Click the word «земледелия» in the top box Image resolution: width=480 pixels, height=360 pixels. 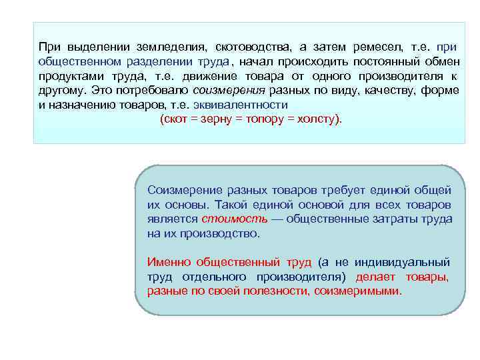point(171,47)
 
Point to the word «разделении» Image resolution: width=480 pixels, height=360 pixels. point(143,62)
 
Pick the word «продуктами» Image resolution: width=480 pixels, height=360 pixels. point(71,76)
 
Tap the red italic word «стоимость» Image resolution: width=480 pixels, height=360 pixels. point(226,219)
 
